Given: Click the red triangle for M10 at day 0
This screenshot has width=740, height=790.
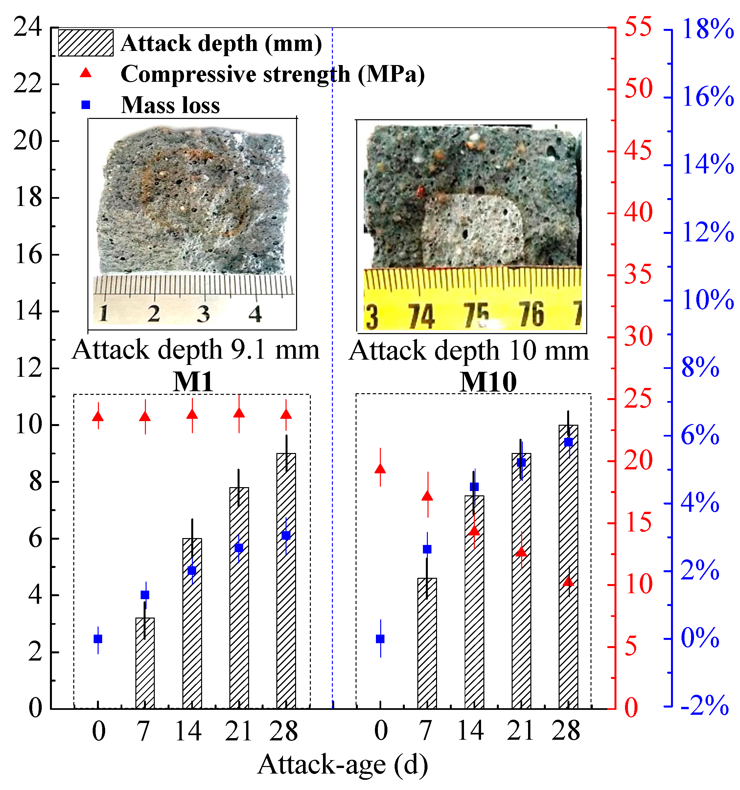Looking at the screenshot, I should [x=380, y=469].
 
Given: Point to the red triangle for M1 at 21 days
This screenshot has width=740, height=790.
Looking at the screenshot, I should [x=239, y=413].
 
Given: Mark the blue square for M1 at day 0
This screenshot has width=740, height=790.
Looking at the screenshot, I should [x=98, y=639].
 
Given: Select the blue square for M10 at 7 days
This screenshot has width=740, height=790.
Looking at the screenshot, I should [x=427, y=549].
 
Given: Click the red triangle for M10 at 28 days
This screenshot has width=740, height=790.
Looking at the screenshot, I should [x=568, y=582].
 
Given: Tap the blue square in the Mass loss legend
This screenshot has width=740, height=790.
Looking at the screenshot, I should [x=85, y=105].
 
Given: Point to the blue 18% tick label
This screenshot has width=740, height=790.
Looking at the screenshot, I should [x=707, y=30].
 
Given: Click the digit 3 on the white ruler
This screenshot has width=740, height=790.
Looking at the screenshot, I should [x=203, y=314].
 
